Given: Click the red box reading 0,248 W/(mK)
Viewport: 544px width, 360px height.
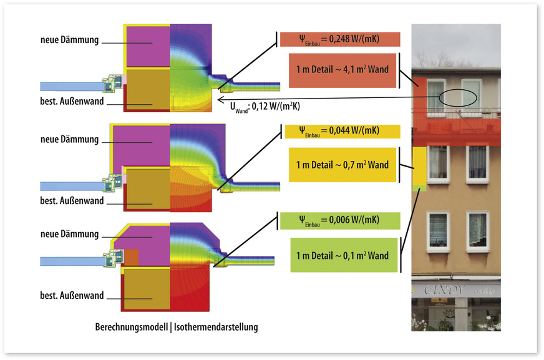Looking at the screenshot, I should pos(340,40).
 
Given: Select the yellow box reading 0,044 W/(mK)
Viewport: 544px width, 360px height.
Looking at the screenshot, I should pos(340,132).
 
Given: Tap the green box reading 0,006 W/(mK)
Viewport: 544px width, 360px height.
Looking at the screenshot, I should pos(340,220).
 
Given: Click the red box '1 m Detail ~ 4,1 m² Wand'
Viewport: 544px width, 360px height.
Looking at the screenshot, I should pos(342,69).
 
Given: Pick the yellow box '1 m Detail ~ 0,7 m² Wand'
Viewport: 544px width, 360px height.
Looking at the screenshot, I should pos(342,165).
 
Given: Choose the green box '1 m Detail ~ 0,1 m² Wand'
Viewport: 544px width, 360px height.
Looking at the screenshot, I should pos(342,255).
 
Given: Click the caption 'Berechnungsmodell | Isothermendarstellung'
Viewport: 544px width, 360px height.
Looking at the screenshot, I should pos(176,327).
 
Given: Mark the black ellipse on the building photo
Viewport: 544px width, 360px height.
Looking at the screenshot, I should pos(457,97).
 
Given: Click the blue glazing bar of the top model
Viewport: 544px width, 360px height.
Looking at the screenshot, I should pos(69,87).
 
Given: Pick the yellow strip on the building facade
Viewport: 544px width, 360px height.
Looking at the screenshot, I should pos(419,167).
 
